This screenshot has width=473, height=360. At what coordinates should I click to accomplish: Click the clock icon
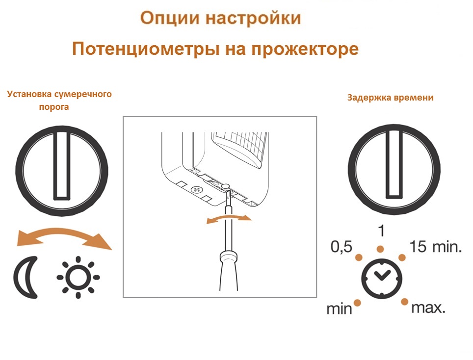[x=382, y=278]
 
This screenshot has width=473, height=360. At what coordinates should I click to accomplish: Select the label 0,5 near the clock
[x=342, y=247]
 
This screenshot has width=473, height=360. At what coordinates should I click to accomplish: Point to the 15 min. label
[x=435, y=247]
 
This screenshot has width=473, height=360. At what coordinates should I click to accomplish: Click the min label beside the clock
[x=340, y=309]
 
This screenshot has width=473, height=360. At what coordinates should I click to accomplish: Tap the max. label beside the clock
[x=428, y=308]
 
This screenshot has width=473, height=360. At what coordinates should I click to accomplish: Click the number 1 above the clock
[x=381, y=231]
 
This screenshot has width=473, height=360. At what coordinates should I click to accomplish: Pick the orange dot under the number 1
[x=380, y=249]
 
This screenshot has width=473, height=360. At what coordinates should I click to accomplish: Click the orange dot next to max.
[x=404, y=302]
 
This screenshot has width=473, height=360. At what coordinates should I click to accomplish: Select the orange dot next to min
[x=358, y=303]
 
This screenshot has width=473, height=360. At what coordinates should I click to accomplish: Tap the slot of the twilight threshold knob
[x=62, y=165]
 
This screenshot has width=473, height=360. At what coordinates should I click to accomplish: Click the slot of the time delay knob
[x=394, y=165]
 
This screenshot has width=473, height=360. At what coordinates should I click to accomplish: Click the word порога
[x=54, y=107]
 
